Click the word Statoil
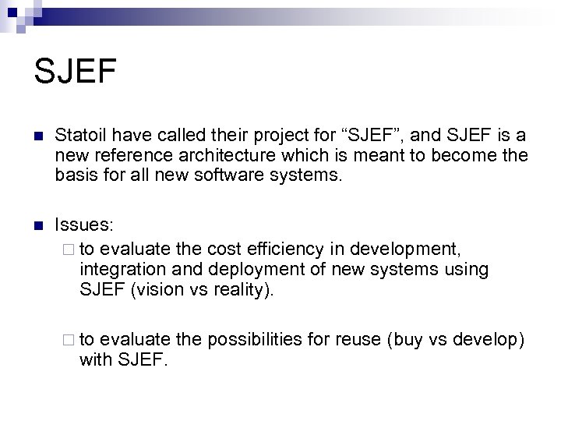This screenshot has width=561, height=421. coord(83,137)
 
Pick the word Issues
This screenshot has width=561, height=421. coord(85,225)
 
